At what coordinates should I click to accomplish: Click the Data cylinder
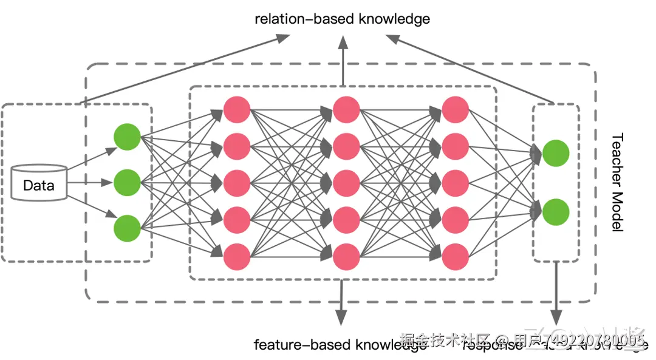[39, 182]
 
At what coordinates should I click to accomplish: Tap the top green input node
[127, 137]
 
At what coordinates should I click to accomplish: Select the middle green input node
[127, 181]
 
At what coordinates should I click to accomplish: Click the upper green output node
[556, 153]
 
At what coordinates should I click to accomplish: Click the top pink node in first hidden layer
[237, 109]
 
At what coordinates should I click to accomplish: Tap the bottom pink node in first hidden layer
[237, 256]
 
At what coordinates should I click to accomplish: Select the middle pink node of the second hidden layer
[346, 183]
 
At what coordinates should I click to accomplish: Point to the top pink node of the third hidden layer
[456, 109]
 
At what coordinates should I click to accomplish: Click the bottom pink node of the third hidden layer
[456, 256]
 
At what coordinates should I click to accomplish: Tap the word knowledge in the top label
[394, 19]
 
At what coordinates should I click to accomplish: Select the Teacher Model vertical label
[617, 183]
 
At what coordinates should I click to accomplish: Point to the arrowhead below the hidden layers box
[341, 318]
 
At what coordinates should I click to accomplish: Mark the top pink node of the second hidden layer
[346, 109]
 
